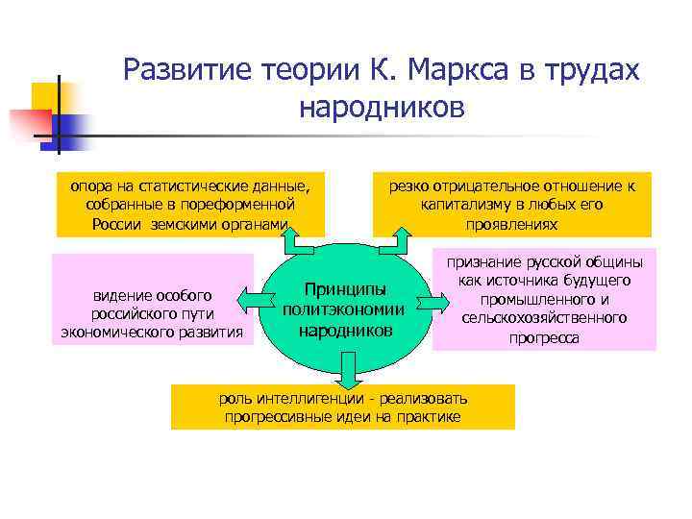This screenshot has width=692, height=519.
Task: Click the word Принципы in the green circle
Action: (345, 289)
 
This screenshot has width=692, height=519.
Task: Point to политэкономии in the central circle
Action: (344, 309)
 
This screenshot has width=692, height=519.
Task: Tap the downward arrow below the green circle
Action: (344, 367)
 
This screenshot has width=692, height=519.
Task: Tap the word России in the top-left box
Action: (118, 224)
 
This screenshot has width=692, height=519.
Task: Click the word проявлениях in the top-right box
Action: (511, 224)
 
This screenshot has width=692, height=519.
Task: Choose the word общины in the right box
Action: (602, 261)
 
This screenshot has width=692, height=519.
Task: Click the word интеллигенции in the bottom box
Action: (306, 398)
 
